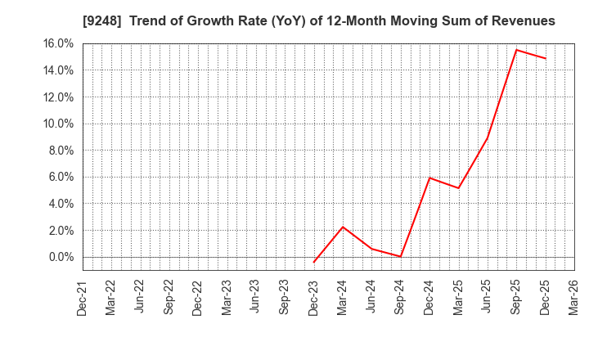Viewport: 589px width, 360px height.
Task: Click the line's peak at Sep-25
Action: click(x=516, y=50)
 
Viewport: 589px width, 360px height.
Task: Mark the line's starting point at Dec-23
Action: click(x=314, y=262)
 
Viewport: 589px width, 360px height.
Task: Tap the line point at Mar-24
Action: click(x=343, y=227)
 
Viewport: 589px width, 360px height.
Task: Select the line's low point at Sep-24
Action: click(x=401, y=257)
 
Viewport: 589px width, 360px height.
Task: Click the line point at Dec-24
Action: click(x=429, y=178)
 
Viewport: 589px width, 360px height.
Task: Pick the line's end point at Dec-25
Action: click(x=545, y=58)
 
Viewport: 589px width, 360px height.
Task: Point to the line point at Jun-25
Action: click(x=488, y=137)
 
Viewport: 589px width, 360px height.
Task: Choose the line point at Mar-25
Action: click(x=458, y=188)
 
